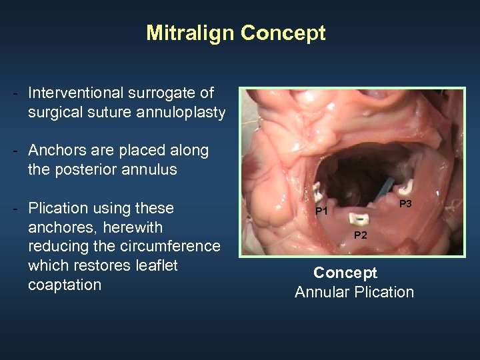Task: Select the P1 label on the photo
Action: coord(322,211)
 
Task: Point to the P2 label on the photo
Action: coord(360,234)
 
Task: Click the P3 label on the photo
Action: coord(405,203)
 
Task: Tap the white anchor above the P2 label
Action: coord(360,219)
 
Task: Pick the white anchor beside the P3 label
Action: coord(408,188)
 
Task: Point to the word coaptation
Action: coord(65,285)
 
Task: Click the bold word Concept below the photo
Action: coord(345,273)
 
